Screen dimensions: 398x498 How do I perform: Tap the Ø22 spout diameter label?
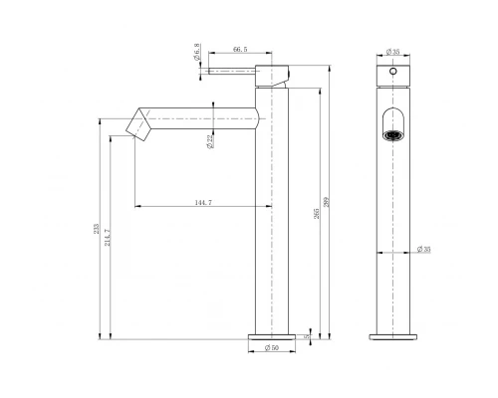point(209,144)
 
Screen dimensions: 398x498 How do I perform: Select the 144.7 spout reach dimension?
point(202,201)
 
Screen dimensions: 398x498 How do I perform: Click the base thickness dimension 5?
point(308,336)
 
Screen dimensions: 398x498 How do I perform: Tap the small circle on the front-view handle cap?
point(391,73)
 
